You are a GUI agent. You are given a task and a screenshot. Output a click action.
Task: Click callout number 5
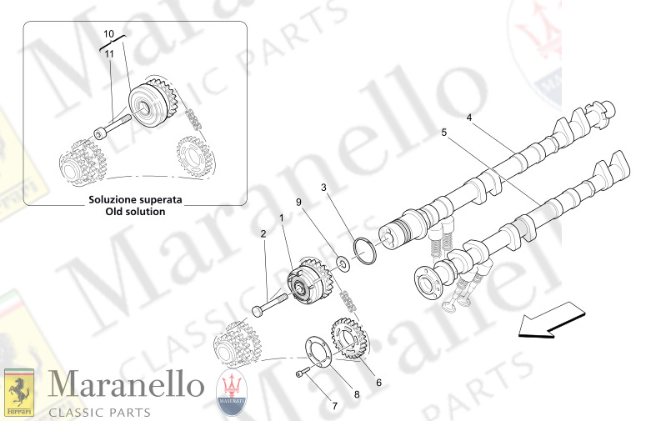tap(443, 133)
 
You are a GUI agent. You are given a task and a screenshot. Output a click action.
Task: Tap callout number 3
tap(324, 189)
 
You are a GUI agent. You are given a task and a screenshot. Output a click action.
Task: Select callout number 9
tap(298, 203)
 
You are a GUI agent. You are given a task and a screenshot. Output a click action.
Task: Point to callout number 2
tap(263, 234)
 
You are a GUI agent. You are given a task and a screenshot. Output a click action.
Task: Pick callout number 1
tap(282, 218)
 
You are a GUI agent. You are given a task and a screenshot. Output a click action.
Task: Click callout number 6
tap(378, 383)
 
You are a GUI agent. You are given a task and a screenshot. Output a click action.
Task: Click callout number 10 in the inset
tap(108, 33)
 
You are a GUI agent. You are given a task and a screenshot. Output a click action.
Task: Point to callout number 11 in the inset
tap(108, 53)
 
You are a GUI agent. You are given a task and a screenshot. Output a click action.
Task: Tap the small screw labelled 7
tap(301, 373)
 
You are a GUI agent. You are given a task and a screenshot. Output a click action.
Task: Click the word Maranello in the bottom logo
tap(125, 386)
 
